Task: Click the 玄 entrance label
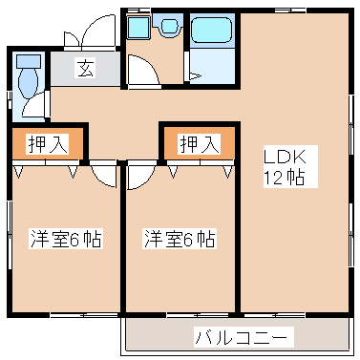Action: pos(85,69)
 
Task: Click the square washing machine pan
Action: pos(138,28)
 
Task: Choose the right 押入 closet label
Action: pos(199,144)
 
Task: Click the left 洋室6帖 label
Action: pos(66,239)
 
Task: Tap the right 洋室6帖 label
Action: pos(180,239)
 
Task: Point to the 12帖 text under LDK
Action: pos(284,178)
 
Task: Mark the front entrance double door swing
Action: pos(85,36)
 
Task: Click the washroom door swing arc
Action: pos(141,73)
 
